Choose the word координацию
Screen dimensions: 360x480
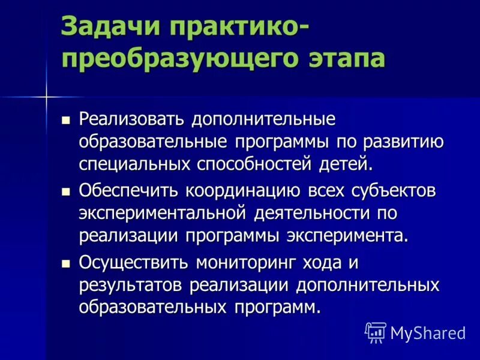pos(242,191)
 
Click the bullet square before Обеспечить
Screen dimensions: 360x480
pos(66,192)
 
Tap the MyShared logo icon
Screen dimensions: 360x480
pos(376,332)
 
